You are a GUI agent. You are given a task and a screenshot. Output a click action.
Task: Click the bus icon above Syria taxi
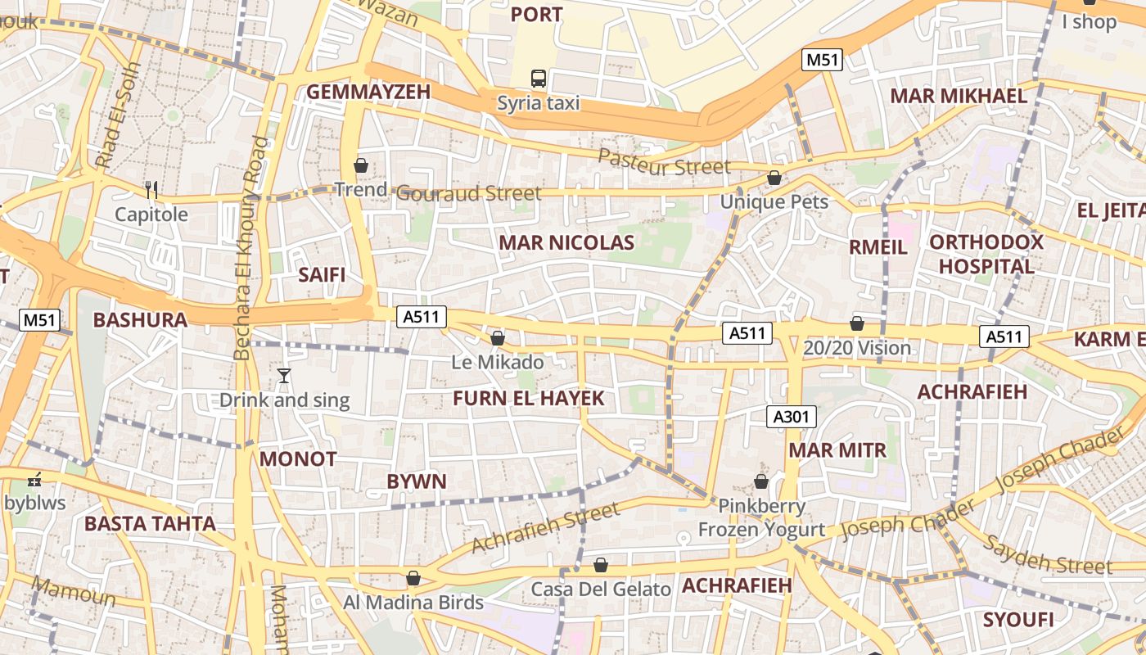pyautogui.click(x=539, y=79)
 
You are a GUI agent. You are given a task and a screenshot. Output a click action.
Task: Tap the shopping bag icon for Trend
pyautogui.click(x=361, y=165)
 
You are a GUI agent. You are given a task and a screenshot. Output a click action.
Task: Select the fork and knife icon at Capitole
pyautogui.click(x=151, y=190)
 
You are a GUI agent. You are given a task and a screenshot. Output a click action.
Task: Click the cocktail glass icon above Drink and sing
pyautogui.click(x=284, y=376)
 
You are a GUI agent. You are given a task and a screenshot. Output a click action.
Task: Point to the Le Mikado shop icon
pyautogui.click(x=498, y=337)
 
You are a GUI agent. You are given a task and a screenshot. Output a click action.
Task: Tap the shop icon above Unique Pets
pyautogui.click(x=774, y=178)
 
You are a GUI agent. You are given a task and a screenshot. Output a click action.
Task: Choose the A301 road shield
pyautogui.click(x=792, y=417)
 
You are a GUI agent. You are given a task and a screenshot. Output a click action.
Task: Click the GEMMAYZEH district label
pyautogui.click(x=368, y=92)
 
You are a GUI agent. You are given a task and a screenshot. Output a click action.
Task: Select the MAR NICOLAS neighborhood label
pyautogui.click(x=566, y=242)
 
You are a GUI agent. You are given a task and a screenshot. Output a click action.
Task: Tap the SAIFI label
pyautogui.click(x=322, y=274)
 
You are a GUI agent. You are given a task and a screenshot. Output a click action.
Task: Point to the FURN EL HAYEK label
pyautogui.click(x=529, y=399)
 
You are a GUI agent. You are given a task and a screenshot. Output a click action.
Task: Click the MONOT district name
pyautogui.click(x=298, y=458)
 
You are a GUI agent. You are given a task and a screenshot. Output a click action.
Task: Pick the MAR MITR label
pyautogui.click(x=837, y=449)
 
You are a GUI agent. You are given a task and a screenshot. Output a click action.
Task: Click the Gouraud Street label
pyautogui.click(x=468, y=193)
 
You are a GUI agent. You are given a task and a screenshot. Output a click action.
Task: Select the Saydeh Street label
pyautogui.click(x=1047, y=554)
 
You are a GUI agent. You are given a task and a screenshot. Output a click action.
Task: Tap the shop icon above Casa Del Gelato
pyautogui.click(x=601, y=565)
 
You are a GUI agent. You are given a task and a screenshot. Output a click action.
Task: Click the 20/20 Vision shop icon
pyautogui.click(x=857, y=323)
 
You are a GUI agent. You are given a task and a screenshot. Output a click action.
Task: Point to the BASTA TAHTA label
pyautogui.click(x=151, y=523)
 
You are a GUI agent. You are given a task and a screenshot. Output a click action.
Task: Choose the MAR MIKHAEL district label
pyautogui.click(x=959, y=96)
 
